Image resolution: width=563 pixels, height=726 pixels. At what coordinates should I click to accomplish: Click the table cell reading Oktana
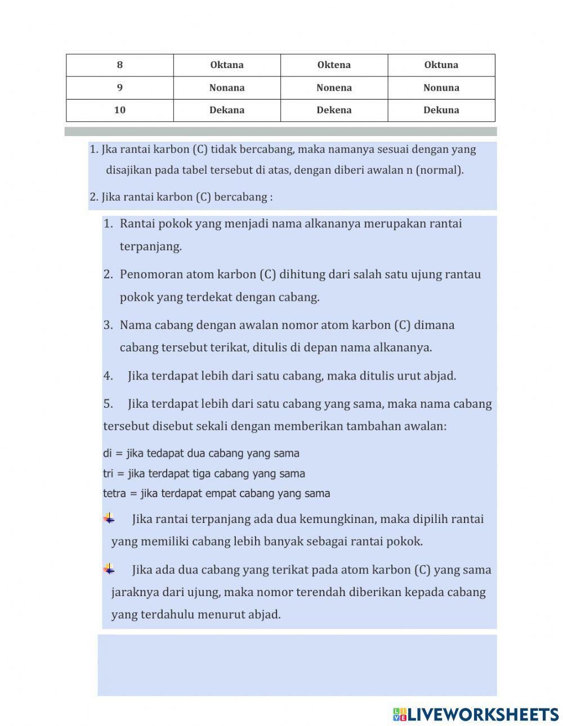pyautogui.click(x=227, y=65)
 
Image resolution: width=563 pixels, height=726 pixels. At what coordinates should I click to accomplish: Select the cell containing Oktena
pyautogui.click(x=334, y=65)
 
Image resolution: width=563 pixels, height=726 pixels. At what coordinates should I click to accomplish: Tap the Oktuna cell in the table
pyautogui.click(x=441, y=65)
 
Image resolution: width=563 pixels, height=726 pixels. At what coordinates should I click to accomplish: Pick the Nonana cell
pyautogui.click(x=227, y=88)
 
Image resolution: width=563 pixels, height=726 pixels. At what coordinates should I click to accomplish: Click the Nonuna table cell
pyautogui.click(x=441, y=88)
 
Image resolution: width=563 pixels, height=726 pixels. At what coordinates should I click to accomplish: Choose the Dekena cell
pyautogui.click(x=334, y=110)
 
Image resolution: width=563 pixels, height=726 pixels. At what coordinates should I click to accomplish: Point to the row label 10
pyautogui.click(x=120, y=110)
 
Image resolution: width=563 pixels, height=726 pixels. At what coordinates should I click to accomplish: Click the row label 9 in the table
pyautogui.click(x=120, y=88)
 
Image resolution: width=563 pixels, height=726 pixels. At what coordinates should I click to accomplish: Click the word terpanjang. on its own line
pyautogui.click(x=150, y=246)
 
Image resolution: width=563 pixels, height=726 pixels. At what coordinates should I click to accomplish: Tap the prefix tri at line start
pyautogui.click(x=108, y=474)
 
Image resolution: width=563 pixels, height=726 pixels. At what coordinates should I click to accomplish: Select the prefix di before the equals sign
pyautogui.click(x=108, y=453)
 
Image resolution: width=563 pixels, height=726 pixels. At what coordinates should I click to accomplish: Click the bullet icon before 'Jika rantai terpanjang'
pyautogui.click(x=109, y=518)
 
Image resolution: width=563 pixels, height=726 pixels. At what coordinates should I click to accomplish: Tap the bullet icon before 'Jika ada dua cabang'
pyautogui.click(x=109, y=569)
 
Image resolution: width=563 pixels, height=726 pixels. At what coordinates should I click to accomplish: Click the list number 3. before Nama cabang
pyautogui.click(x=108, y=325)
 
